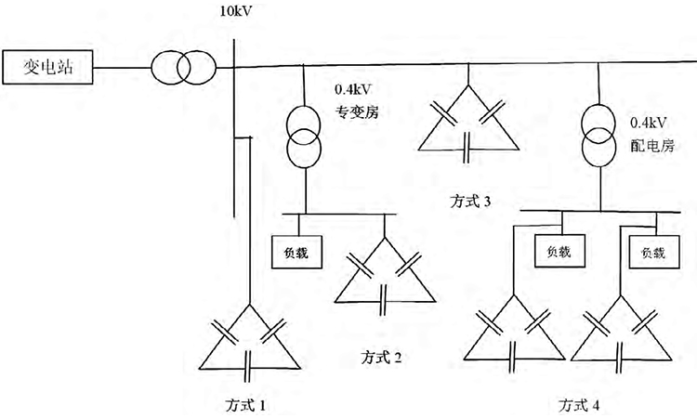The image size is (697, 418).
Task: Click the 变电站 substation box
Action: tap(47, 68)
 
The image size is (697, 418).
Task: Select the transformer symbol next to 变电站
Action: tap(183, 68)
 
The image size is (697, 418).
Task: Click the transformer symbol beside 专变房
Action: tap(304, 134)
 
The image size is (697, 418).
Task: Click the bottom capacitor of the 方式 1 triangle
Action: tap(248, 367)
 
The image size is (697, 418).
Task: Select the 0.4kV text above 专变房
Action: tap(352, 92)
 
